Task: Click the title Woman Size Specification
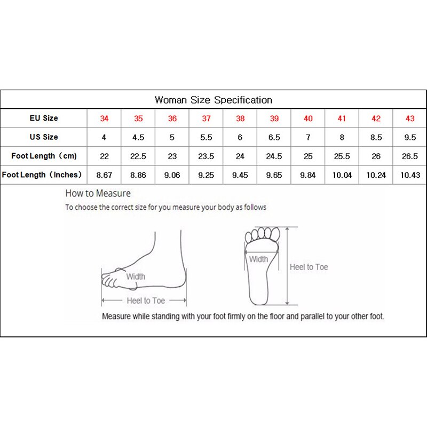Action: (x=213, y=100)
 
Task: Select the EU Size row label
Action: (x=44, y=118)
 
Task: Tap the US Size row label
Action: (x=44, y=137)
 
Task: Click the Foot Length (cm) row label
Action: (x=44, y=156)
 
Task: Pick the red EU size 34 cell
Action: (x=104, y=118)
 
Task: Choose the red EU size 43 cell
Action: (x=410, y=118)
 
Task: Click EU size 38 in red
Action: (x=240, y=118)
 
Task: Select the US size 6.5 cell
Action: (x=274, y=137)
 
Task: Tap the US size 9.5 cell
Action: (x=410, y=137)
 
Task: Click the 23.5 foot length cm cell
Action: (x=206, y=156)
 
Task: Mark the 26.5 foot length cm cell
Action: (x=410, y=156)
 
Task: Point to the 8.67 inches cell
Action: (x=104, y=175)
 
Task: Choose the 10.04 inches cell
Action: (x=342, y=175)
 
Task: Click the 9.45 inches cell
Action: (x=240, y=175)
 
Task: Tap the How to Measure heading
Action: (x=98, y=193)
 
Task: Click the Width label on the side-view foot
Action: (x=136, y=276)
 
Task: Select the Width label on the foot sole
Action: (x=259, y=259)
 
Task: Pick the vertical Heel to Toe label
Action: (x=309, y=267)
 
